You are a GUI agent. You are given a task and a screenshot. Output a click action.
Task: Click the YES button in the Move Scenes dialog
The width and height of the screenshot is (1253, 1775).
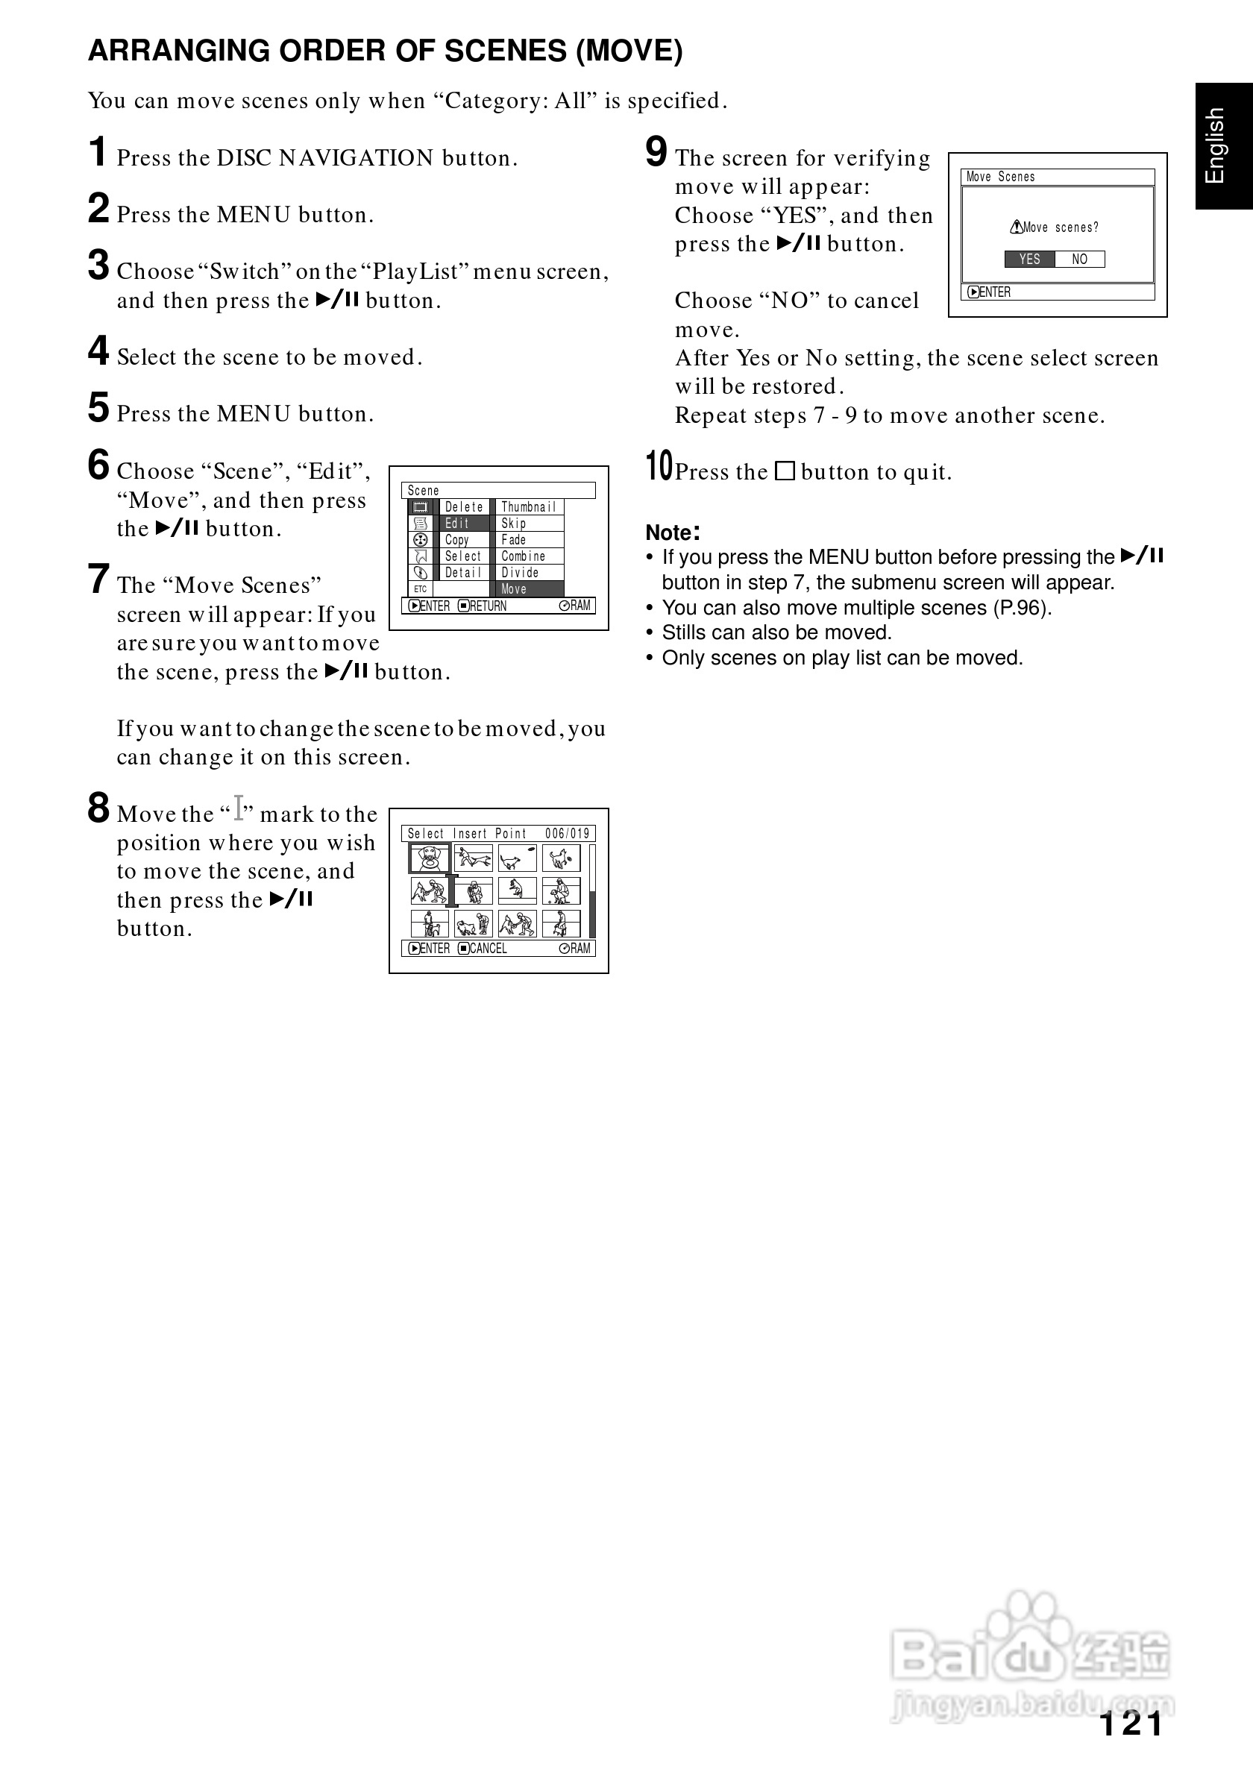click(x=1029, y=259)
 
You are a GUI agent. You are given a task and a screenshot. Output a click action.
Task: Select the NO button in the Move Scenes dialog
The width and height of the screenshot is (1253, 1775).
click(x=1079, y=259)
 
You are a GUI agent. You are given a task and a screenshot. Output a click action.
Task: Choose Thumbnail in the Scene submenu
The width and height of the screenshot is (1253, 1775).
click(x=529, y=507)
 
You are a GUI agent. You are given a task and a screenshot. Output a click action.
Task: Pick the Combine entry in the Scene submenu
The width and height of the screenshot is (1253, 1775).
click(x=524, y=556)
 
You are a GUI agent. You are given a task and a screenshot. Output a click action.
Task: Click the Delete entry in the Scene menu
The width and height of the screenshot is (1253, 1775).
click(x=464, y=507)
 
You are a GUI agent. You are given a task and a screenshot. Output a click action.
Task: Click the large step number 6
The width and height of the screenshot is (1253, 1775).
click(x=98, y=465)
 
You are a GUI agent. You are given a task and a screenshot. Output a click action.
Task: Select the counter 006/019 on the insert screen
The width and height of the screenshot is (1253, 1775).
click(x=568, y=833)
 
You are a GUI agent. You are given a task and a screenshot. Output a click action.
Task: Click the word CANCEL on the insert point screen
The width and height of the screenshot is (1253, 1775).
click(x=488, y=949)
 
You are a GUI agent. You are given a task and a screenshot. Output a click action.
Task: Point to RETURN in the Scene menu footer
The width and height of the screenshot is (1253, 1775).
click(x=488, y=606)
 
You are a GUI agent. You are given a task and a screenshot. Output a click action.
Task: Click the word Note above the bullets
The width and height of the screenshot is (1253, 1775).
click(x=671, y=532)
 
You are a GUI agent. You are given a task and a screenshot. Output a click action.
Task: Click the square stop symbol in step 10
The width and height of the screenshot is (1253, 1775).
click(x=785, y=471)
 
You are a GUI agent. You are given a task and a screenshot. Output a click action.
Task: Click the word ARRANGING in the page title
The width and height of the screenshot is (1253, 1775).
click(x=179, y=51)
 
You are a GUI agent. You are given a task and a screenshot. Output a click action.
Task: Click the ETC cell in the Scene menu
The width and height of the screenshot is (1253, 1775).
click(x=421, y=589)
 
